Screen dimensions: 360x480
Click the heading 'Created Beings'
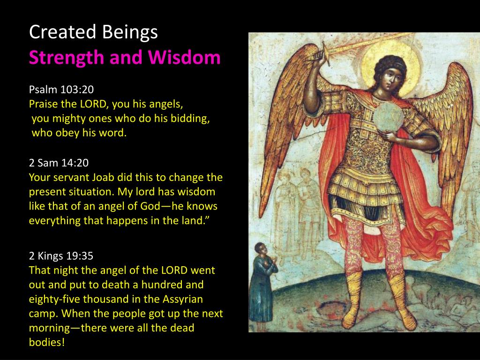(93, 32)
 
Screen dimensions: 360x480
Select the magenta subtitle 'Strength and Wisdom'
(125, 58)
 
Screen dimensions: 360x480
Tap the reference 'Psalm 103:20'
(61, 90)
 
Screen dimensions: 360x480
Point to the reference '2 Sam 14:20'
(59, 163)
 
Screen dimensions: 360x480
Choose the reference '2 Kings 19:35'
(61, 255)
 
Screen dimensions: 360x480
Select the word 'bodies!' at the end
(46, 342)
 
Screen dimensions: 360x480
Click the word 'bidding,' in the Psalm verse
(189, 119)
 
